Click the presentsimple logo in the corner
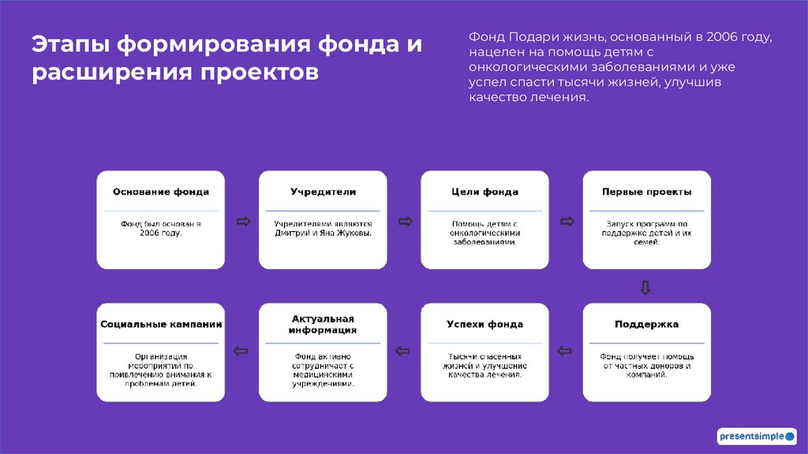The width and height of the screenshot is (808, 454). (x=757, y=436)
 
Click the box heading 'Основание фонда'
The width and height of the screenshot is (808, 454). (x=161, y=192)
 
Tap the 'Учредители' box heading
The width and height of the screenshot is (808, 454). (x=323, y=192)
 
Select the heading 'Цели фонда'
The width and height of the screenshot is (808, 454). (x=484, y=192)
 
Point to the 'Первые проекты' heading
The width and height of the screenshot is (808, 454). (x=646, y=192)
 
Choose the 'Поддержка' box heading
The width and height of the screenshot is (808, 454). (x=646, y=324)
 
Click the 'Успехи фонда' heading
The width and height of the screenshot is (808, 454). (x=484, y=324)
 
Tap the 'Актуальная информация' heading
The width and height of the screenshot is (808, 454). (x=323, y=324)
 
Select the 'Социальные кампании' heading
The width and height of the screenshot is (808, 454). (x=161, y=324)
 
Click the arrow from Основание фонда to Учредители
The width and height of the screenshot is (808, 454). (x=242, y=221)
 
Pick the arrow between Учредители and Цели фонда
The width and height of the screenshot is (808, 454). (x=404, y=221)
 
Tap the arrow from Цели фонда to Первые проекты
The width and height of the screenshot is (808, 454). (x=566, y=221)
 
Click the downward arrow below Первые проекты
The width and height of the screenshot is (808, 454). (x=645, y=287)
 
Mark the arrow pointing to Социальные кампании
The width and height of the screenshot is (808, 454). (x=241, y=352)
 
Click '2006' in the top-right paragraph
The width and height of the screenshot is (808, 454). (x=722, y=37)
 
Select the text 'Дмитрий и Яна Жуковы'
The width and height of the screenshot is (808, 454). (x=323, y=233)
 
